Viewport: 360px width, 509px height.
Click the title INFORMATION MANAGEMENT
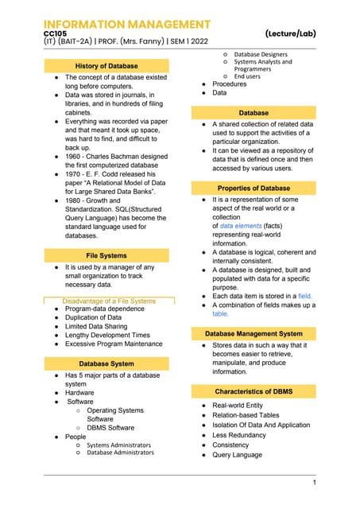tap(126, 25)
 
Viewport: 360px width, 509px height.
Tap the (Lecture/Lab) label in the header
tap(295, 35)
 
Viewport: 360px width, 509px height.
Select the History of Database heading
tap(106, 65)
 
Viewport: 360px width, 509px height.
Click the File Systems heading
tap(106, 254)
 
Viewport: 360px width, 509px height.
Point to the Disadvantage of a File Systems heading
tap(108, 301)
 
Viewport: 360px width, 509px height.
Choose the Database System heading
tap(106, 363)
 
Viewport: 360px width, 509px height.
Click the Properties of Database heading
tap(254, 188)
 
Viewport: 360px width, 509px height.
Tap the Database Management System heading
tap(254, 333)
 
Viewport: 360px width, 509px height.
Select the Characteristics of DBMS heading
tap(254, 392)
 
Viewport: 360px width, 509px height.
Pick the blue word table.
tap(220, 313)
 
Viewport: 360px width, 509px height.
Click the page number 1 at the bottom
tap(315, 483)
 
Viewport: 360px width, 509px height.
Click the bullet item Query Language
tap(237, 455)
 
